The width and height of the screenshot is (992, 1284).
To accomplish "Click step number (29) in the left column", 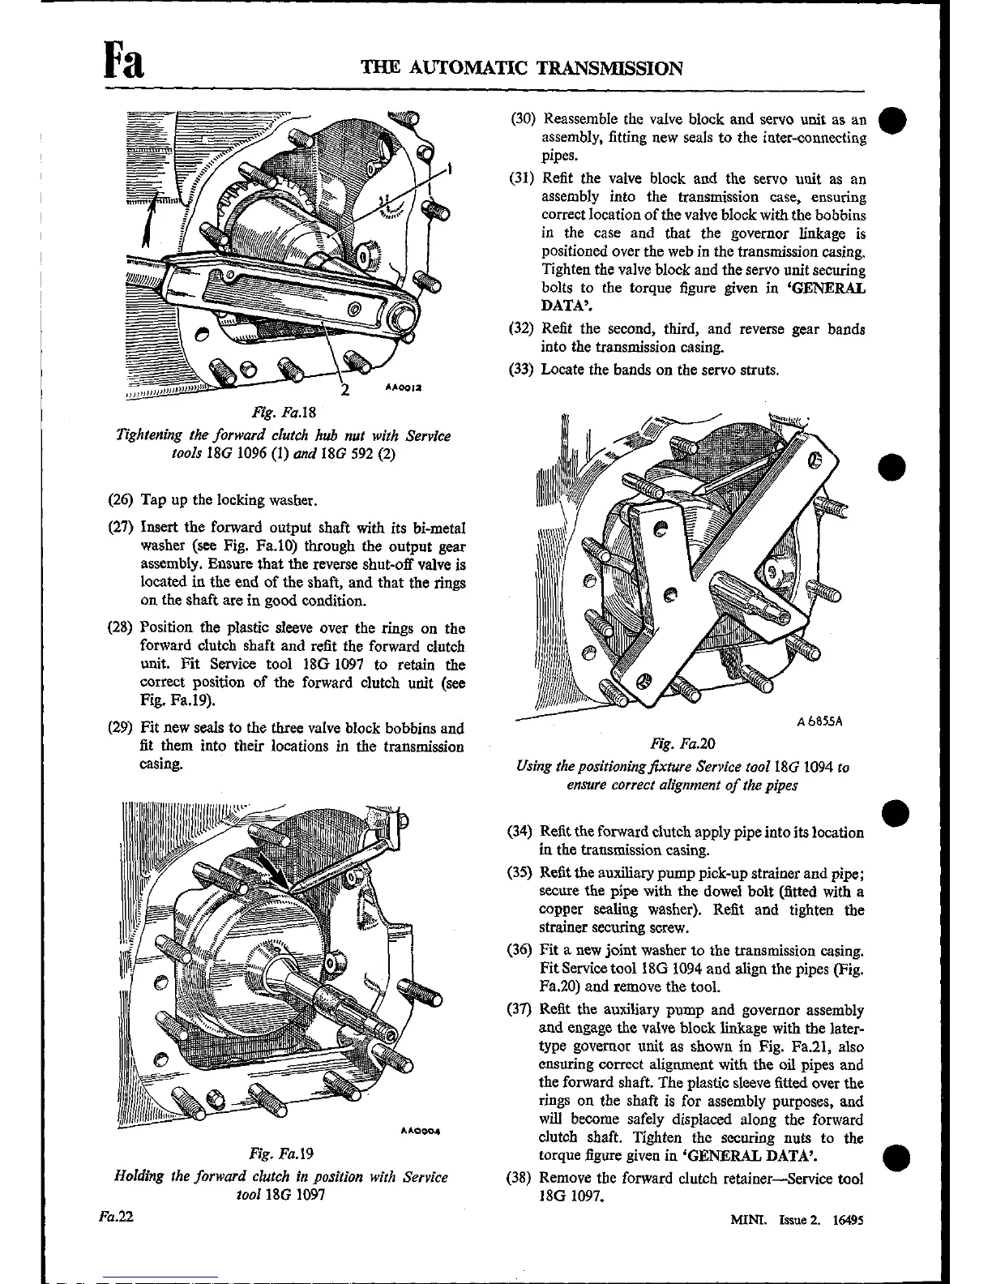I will pyautogui.click(x=122, y=728).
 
